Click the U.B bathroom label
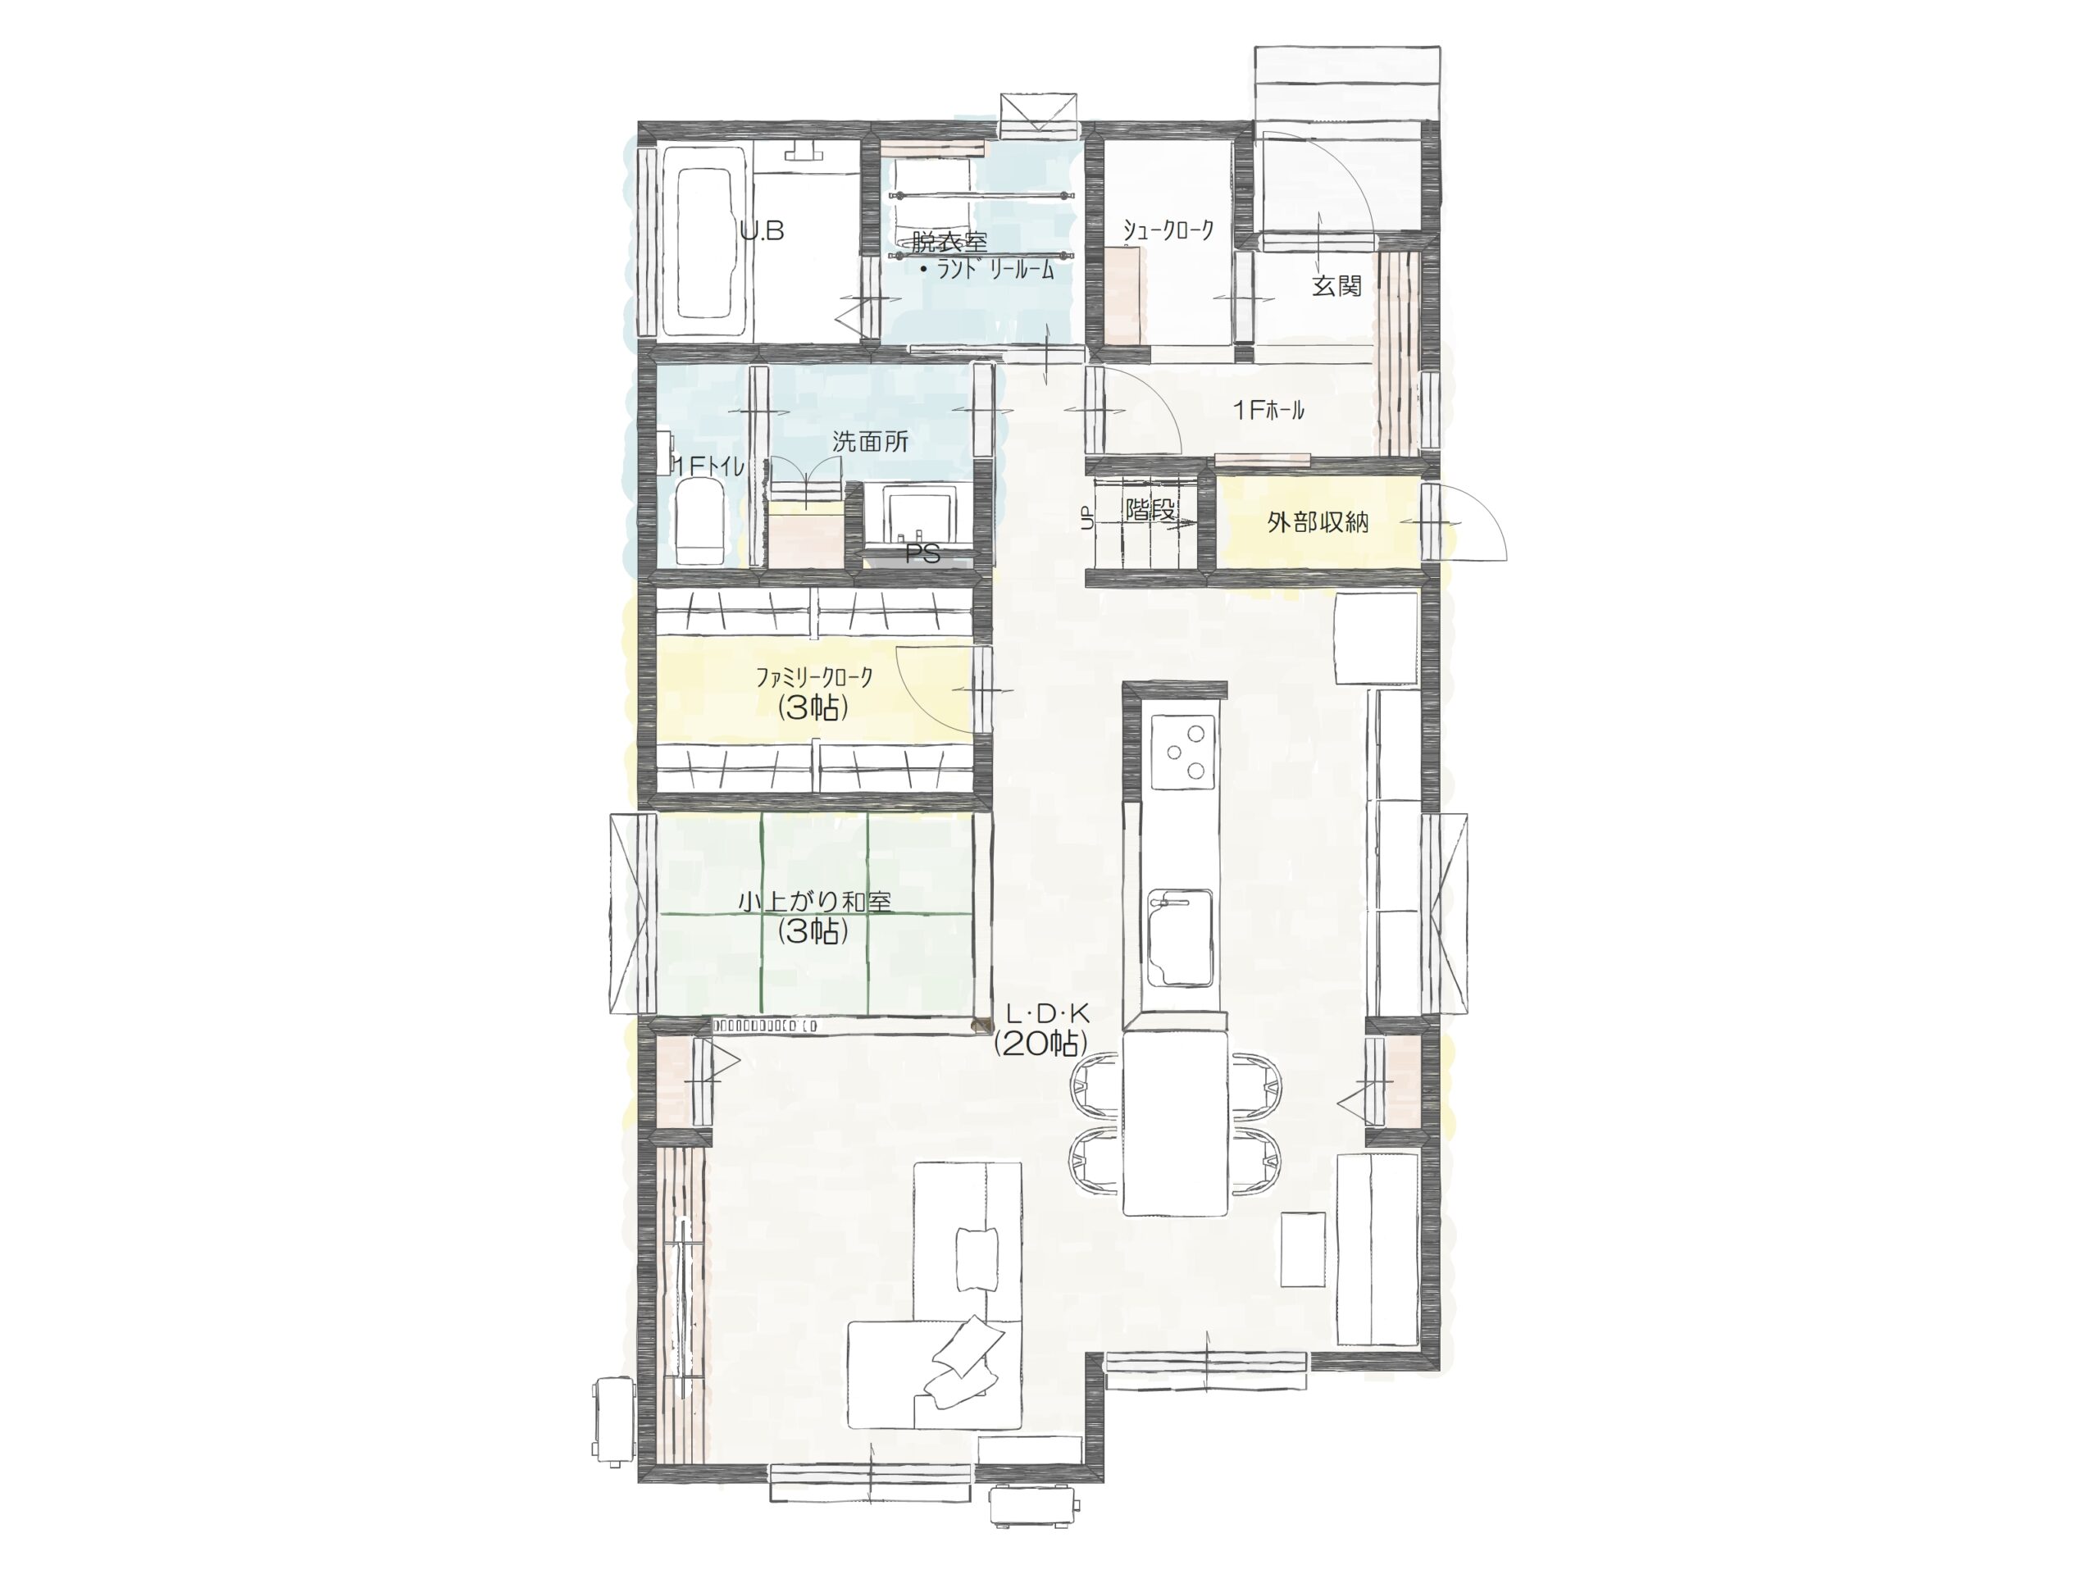(x=762, y=230)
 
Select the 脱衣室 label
(x=949, y=241)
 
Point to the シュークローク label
(x=1168, y=230)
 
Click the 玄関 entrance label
(x=1337, y=284)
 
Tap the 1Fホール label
(x=1268, y=410)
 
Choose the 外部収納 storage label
(x=1318, y=522)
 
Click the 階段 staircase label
(x=1150, y=509)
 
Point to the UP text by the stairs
(x=1087, y=517)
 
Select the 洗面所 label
(x=870, y=441)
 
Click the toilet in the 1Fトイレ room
(x=700, y=520)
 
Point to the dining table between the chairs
(x=1176, y=1123)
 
